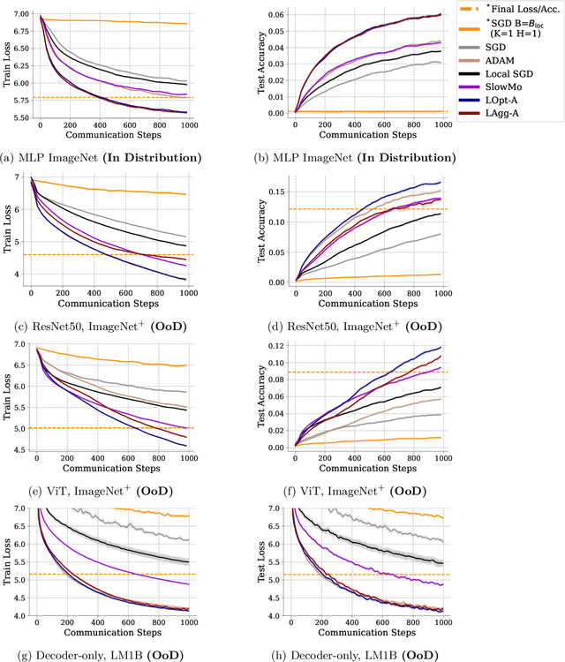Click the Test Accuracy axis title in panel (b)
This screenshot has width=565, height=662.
(x=263, y=64)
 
